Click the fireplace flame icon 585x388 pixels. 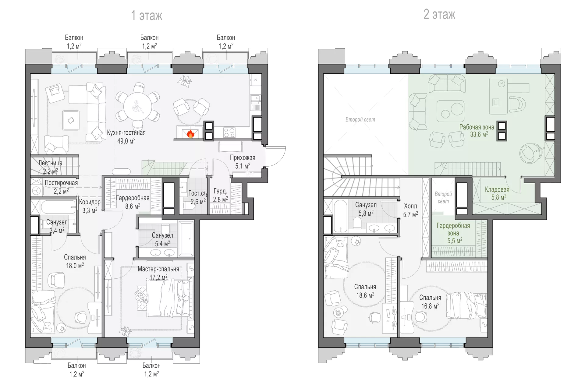click(190, 133)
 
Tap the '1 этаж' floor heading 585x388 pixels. click(147, 15)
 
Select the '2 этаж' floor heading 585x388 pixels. click(439, 14)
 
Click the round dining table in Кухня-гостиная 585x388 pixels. click(138, 107)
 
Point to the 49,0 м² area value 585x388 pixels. click(126, 141)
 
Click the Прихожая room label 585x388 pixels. click(243, 157)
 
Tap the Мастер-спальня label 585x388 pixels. click(158, 269)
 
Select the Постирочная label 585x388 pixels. click(61, 183)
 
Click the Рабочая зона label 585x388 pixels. click(477, 127)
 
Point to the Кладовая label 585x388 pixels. click(497, 189)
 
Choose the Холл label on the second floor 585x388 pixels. click(410, 206)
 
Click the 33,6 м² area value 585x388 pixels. click(479, 134)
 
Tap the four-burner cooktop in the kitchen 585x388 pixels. click(229, 133)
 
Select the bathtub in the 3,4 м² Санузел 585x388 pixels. click(58, 207)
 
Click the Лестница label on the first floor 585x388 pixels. click(50, 163)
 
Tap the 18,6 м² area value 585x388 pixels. click(365, 295)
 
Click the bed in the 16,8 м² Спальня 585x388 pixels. click(467, 305)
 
